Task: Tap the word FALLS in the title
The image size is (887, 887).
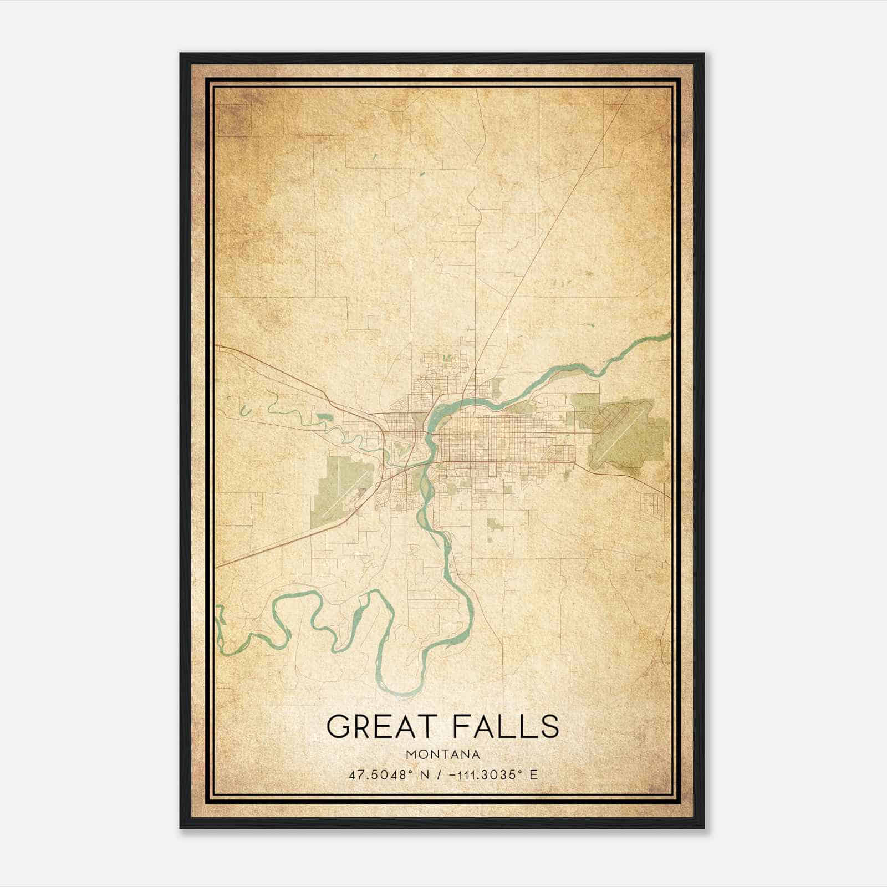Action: click(x=506, y=726)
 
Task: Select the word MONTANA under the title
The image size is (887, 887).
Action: click(x=443, y=754)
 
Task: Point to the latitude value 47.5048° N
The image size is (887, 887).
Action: click(x=389, y=775)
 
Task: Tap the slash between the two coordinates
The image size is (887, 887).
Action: click(x=440, y=775)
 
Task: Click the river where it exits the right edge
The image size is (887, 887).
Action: click(x=669, y=334)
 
